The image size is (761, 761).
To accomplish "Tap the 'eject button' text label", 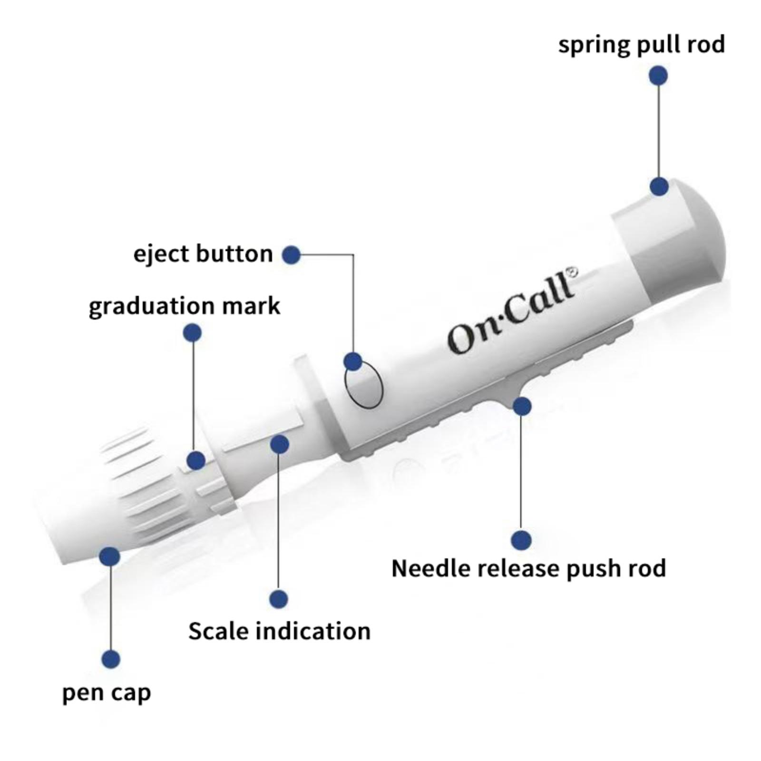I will [x=203, y=254].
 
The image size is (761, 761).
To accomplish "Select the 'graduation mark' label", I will [x=185, y=306].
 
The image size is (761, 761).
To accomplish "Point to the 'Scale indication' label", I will [x=279, y=631].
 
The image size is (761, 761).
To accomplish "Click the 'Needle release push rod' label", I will [x=528, y=568].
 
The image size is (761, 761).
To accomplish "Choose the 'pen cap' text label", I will [x=107, y=693].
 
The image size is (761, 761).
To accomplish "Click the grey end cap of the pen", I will [x=675, y=238].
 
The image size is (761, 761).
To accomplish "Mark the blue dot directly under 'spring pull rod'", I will [x=658, y=76].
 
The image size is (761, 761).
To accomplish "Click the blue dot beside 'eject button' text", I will [x=291, y=255].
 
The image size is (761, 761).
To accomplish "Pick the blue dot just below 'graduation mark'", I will [x=192, y=333].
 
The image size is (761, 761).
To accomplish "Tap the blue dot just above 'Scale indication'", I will [x=279, y=599].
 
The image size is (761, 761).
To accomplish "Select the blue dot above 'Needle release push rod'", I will [x=521, y=540].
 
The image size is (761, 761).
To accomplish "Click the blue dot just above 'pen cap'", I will [x=111, y=659].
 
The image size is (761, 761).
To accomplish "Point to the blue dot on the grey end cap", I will [x=659, y=186].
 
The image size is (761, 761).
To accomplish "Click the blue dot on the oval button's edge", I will [x=352, y=361].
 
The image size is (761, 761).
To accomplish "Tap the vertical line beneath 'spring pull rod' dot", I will [x=658, y=131].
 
